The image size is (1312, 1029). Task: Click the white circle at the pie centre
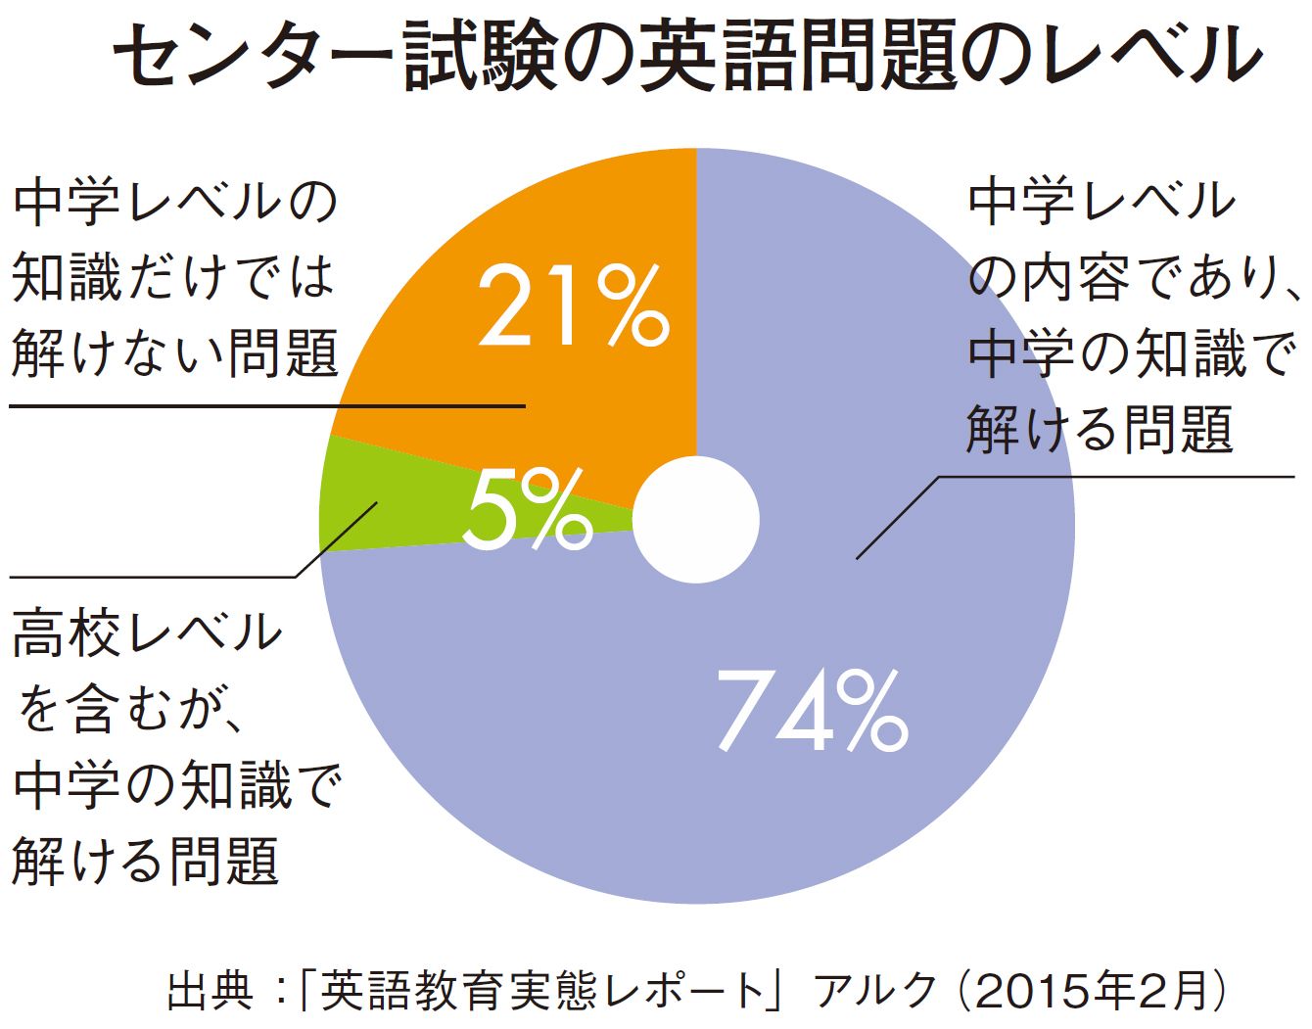tap(696, 519)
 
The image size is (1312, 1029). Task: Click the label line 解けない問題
tap(176, 352)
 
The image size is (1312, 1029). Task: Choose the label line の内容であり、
tap(1132, 277)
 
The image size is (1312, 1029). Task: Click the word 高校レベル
tap(147, 632)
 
